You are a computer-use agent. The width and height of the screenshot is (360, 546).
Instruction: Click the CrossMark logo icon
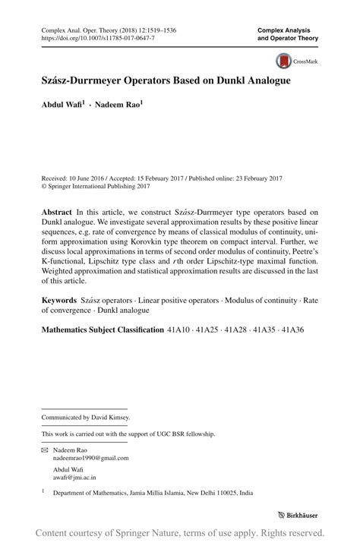coord(283,61)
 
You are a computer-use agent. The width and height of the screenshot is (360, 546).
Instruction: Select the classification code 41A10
coord(180,330)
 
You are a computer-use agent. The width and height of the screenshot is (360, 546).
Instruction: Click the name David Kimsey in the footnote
coord(109,417)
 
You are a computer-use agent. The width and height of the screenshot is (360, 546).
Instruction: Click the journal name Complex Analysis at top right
coord(286,28)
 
